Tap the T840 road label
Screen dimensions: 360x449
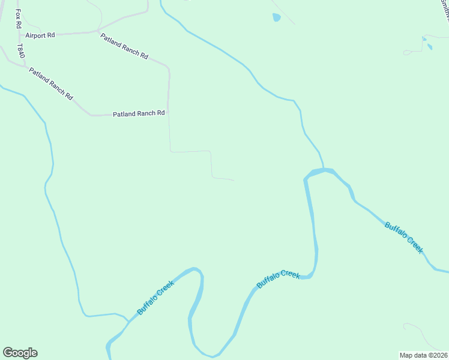[20, 51]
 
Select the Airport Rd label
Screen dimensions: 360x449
[40, 35]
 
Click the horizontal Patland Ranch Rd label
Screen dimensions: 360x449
[139, 113]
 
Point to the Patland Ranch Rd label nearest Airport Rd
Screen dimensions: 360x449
[124, 46]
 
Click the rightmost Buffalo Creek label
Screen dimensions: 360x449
[404, 238]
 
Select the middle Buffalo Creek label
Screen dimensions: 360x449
[278, 279]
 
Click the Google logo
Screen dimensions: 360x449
[20, 353]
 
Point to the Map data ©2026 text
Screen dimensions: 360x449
[423, 355]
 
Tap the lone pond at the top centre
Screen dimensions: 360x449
[276, 17]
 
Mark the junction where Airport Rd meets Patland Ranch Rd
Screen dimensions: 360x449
[98, 31]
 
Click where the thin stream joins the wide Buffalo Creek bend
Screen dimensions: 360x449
[324, 169]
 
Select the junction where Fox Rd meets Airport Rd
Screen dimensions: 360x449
[19, 35]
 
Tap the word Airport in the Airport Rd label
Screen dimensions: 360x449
[35, 35]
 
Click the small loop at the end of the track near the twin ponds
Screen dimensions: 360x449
[407, 53]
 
